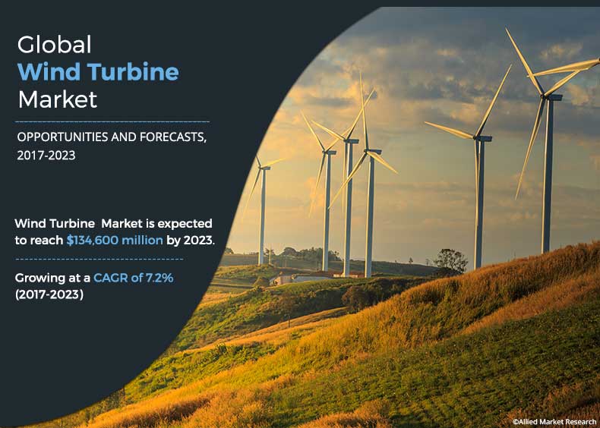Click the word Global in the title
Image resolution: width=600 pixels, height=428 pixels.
tap(55, 44)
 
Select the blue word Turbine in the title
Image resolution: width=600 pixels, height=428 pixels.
tap(133, 71)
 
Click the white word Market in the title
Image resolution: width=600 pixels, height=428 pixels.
tap(58, 99)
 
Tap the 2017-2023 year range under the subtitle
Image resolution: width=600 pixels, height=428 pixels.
tap(46, 156)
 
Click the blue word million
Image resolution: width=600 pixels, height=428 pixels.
tap(141, 241)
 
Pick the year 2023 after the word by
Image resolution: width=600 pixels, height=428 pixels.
tap(199, 241)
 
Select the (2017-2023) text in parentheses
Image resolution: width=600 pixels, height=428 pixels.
tap(49, 294)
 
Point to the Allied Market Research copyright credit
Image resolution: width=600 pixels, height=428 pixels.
tap(554, 421)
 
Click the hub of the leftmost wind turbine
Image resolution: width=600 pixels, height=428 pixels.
tap(263, 168)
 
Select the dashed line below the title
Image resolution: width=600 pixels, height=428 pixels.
tap(112, 122)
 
